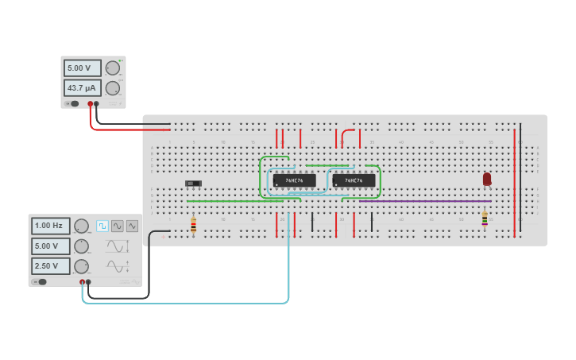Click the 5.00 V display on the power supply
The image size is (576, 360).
pos(82,68)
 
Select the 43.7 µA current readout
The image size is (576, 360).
pos(82,88)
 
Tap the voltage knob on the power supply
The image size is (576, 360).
pos(112,68)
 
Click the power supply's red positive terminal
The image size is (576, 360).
pos(91,103)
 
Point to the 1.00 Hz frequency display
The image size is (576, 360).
pos(50,226)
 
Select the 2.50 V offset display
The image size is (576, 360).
pos(50,266)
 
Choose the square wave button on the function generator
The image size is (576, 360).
pos(102,226)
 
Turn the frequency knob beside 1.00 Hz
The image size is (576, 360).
pos(81,226)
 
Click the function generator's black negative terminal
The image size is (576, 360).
pos(88,282)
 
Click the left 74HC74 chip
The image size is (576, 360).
pos(294,180)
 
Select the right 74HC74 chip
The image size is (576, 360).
pos(354,180)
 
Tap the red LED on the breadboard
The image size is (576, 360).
pos(487,180)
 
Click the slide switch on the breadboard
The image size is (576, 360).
pos(193,184)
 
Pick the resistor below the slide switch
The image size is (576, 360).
pos(193,225)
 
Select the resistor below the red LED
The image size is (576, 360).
pos(485,219)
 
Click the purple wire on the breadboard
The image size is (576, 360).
pos(421,201)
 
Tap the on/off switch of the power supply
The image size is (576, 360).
pos(72,103)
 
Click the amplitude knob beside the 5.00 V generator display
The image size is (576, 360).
pos(81,246)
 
